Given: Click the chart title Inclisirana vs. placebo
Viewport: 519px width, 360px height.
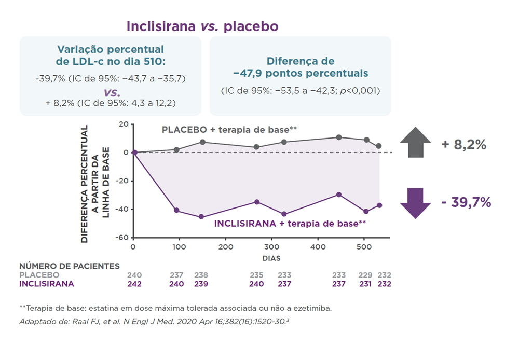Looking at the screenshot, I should [202, 26].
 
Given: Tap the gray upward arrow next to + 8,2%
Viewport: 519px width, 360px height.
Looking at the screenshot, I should [415, 143].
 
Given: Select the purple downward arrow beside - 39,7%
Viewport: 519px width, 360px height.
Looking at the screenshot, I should [415, 203].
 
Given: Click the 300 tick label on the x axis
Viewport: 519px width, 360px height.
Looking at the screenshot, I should [271, 247].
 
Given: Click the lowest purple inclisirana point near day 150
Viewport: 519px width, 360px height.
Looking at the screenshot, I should [202, 217].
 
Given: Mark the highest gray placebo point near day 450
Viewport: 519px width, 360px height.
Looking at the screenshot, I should [339, 137].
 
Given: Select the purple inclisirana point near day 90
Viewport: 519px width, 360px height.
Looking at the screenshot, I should [176, 210].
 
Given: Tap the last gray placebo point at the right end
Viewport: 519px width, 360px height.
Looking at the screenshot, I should [379, 146].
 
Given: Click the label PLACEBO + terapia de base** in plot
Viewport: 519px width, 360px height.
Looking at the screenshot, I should [229, 129].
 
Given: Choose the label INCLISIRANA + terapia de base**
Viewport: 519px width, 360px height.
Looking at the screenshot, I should [290, 224].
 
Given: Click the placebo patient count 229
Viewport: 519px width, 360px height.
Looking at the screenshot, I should [366, 275].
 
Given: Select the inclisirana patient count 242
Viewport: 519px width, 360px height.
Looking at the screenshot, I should [134, 284].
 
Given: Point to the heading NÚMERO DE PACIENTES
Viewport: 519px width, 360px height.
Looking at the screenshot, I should [69, 266].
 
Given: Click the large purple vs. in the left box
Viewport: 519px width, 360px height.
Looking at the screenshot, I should [111, 92].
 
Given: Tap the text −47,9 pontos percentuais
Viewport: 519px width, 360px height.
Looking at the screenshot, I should [301, 73].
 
